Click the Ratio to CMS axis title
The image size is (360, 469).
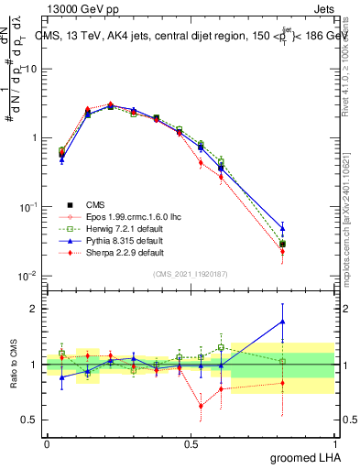tap(13, 364)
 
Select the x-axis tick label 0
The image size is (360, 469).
tap(47, 442)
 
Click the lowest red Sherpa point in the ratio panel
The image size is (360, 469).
tap(201, 406)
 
